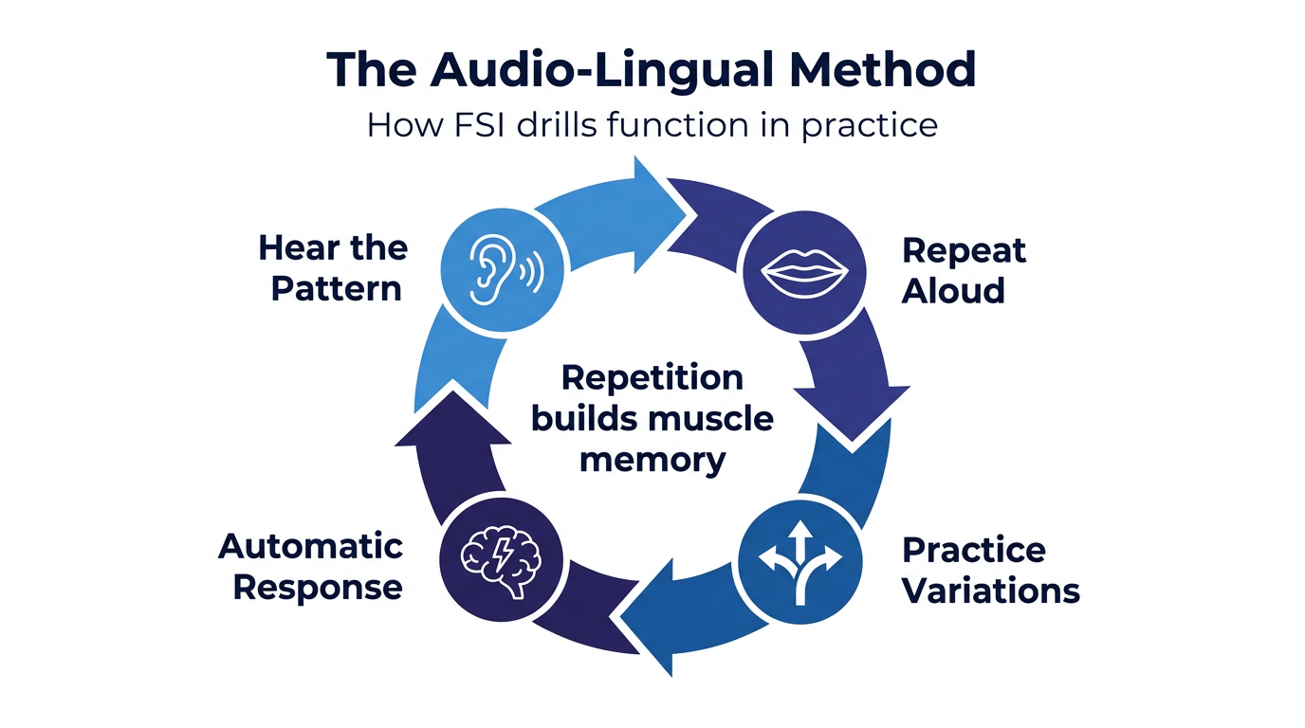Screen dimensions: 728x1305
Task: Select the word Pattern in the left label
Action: point(337,288)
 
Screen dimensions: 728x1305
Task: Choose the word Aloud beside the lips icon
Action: point(953,291)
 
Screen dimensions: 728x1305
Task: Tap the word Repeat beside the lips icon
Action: point(964,250)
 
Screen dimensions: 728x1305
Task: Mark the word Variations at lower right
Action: point(991,590)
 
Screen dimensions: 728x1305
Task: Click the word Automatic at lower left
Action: point(311,546)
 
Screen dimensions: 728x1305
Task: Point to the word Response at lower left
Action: point(318,587)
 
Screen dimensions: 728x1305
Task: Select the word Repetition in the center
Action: point(652,377)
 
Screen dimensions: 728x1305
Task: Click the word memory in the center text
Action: point(652,460)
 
